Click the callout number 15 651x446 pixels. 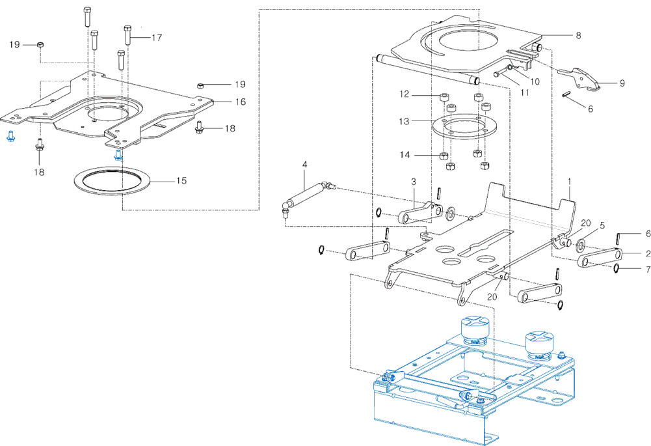coord(181,180)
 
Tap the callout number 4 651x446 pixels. coord(305,165)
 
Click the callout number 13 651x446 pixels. coord(404,121)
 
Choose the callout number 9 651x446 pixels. coord(622,83)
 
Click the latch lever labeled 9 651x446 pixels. coord(580,78)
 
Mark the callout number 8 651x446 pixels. coord(578,35)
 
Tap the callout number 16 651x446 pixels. coord(241,102)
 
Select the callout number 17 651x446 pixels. coord(157,38)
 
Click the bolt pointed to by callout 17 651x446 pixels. coord(128,35)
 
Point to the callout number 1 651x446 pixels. coord(570,182)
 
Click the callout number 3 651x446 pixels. coord(414,182)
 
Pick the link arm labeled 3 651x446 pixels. coord(420,212)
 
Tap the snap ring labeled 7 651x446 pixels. coord(617,269)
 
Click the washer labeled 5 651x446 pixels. coord(580,242)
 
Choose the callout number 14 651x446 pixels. coord(405,154)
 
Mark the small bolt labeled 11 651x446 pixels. coord(501,74)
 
